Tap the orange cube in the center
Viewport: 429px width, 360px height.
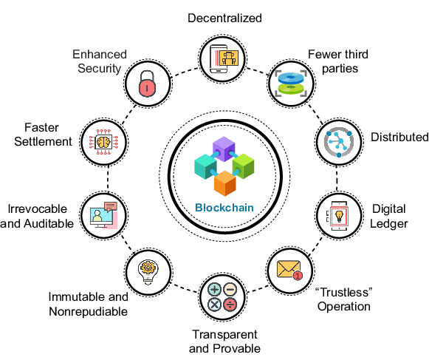pos(224,184)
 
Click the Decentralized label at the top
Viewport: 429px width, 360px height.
pos(224,17)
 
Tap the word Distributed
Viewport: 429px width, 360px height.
pos(399,137)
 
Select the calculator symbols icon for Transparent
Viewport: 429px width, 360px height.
pos(223,298)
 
